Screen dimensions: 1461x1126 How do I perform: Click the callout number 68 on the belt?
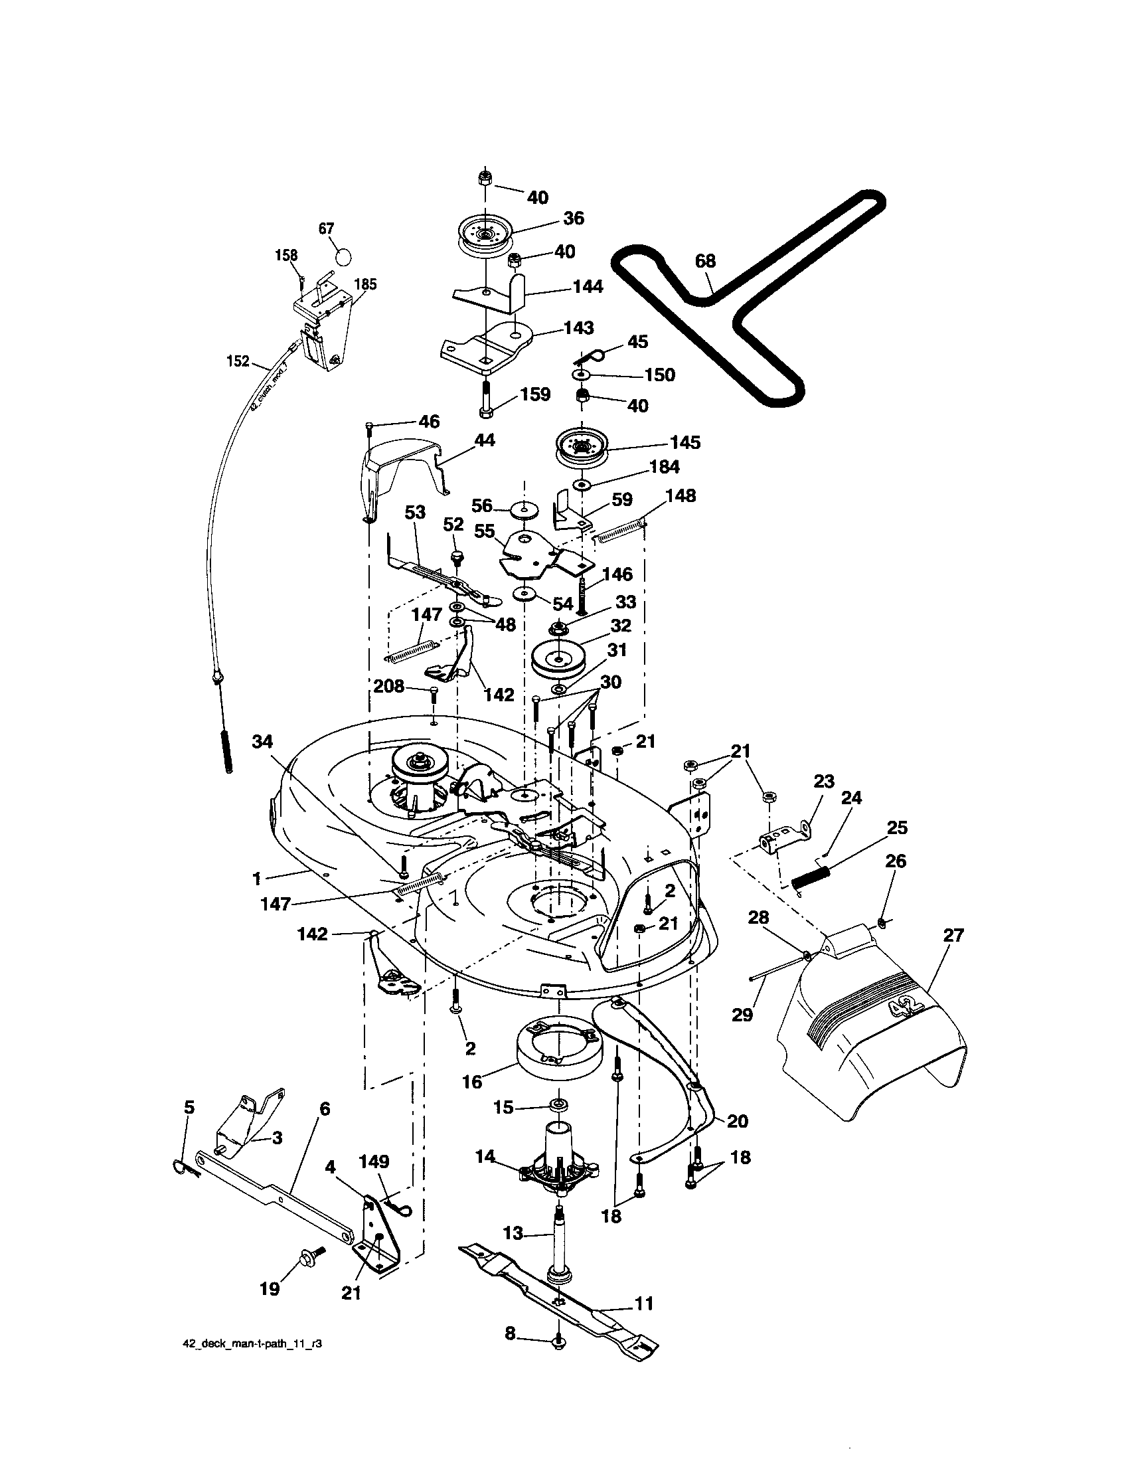706,262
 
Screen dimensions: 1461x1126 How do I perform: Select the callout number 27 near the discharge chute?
953,934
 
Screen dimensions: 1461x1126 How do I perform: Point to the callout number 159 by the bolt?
534,394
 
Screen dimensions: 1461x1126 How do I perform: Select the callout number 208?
388,686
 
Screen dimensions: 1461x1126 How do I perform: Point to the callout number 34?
263,740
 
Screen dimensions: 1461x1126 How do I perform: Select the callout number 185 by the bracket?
365,285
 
